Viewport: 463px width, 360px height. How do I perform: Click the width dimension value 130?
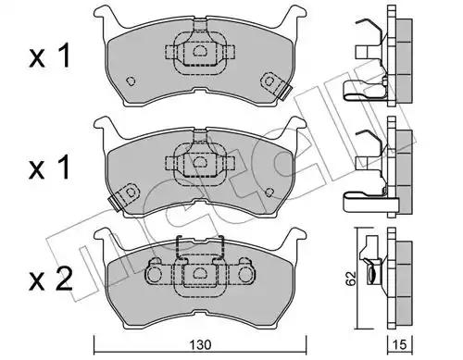click(200, 345)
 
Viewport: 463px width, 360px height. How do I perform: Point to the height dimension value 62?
click(351, 279)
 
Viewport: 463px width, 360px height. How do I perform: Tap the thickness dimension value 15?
click(400, 345)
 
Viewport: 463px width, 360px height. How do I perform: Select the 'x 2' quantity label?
click(51, 280)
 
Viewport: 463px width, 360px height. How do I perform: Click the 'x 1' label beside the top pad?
click(49, 56)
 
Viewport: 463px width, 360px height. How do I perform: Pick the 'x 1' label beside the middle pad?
click(49, 168)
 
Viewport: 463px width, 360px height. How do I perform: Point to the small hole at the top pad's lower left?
click(131, 81)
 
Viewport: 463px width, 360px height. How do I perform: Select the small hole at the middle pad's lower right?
click(269, 192)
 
